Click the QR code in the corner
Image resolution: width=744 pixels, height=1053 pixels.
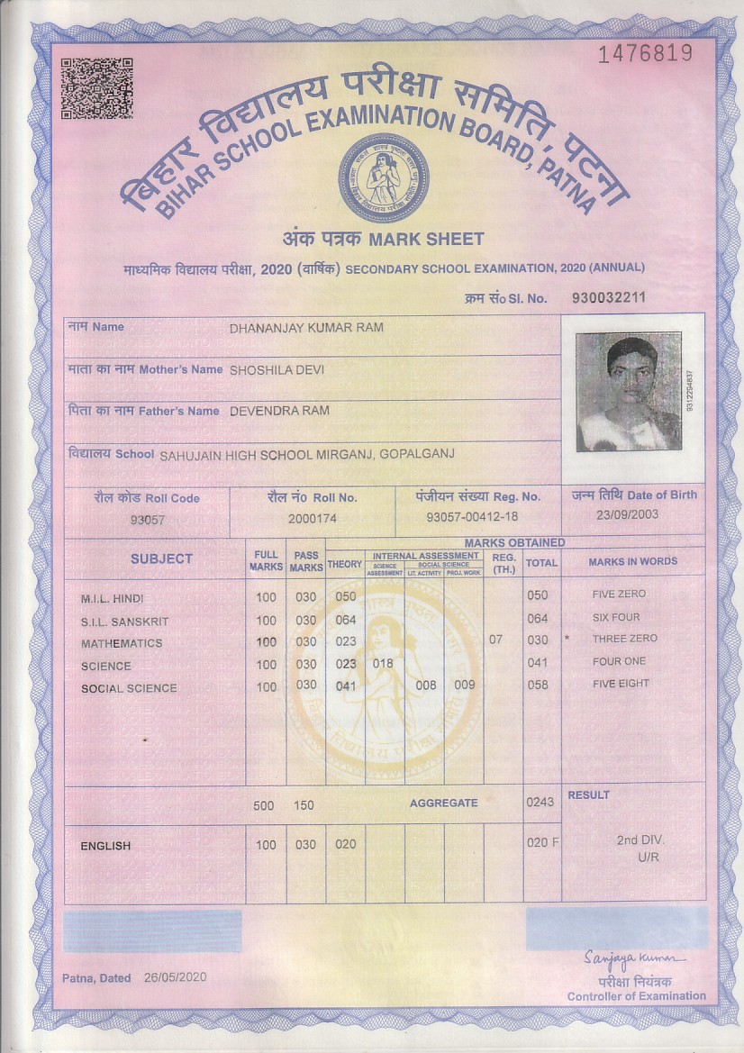tap(96, 88)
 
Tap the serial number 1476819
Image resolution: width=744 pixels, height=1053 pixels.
tap(646, 53)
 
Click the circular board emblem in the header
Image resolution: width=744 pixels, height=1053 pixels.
tap(383, 177)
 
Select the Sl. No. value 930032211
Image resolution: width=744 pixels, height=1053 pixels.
tap(608, 297)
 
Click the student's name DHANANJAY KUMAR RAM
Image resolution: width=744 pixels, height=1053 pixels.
tap(306, 328)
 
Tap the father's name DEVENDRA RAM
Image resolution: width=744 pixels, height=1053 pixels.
tap(279, 411)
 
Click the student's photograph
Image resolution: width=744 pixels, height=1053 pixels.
tap(628, 392)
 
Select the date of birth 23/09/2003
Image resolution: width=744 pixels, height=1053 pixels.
tap(627, 514)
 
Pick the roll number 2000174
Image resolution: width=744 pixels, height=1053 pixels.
tap(312, 519)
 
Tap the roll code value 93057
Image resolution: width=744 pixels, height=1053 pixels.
tap(148, 520)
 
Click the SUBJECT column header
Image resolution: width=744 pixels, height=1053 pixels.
tap(161, 558)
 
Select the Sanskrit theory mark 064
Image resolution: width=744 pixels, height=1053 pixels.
tap(345, 620)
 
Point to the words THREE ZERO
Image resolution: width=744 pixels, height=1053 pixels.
tap(624, 639)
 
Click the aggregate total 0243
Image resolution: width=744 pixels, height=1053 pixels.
tap(540, 802)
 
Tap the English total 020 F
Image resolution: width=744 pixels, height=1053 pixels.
tap(542, 843)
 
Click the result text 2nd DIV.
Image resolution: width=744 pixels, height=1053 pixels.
tap(640, 840)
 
